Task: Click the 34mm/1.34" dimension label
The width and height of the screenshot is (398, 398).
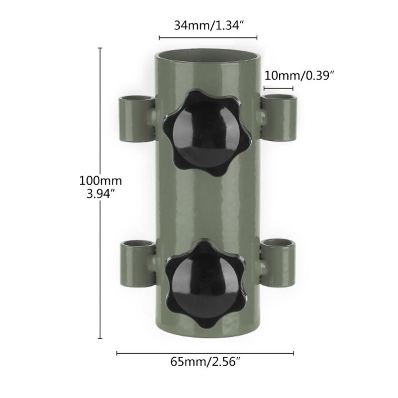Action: pyautogui.click(x=207, y=25)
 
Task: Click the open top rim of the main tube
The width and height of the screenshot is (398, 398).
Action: pyautogui.click(x=208, y=53)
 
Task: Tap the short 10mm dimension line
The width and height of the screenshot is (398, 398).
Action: pyautogui.click(x=278, y=89)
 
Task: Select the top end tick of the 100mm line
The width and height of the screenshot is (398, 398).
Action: pyautogui.click(x=100, y=48)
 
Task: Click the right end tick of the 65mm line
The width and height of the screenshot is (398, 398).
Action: pyautogui.click(x=294, y=354)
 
